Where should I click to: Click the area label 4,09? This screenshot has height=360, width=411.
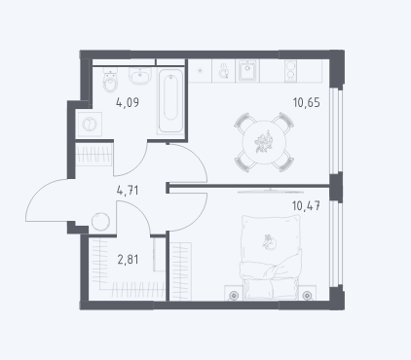pos(128,103)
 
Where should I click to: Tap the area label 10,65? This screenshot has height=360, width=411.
pos(307,102)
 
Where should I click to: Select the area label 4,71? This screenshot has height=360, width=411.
pos(128,191)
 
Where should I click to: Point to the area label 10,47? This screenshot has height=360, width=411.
pos(306,205)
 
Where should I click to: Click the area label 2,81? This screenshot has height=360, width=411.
pos(128,260)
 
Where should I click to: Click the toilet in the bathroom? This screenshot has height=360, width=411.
pos(110,81)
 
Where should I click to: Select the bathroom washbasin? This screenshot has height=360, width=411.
pos(140,76)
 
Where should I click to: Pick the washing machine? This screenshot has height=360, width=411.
pos(90,125)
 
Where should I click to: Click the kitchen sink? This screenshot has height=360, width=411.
pos(249,71)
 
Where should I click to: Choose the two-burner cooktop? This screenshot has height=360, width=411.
pos(291,71)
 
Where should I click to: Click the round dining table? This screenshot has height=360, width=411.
pos(265,142)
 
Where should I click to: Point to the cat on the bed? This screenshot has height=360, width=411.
pos(270,242)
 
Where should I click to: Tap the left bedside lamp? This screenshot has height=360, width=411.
pos(234,295)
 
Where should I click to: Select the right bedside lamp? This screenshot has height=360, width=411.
pos(307,295)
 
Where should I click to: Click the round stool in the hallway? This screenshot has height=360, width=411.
pos(100,222)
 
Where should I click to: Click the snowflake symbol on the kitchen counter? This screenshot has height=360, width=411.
pos(200,70)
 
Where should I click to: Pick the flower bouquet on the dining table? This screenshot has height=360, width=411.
pos(263,142)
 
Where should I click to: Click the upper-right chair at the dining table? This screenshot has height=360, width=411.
pos(283,121)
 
